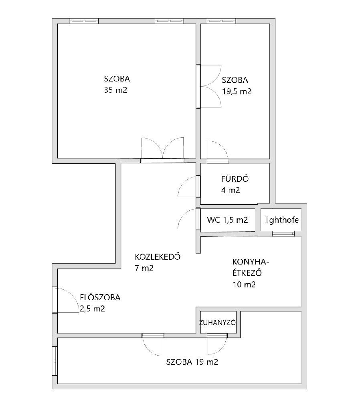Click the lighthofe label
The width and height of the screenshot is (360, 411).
[282, 220]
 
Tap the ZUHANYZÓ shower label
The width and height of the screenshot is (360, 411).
[217, 323]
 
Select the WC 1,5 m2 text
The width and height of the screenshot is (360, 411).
[227, 220]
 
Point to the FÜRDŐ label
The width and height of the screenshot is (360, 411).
[235, 179]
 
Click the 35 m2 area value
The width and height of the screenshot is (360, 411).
[115, 90]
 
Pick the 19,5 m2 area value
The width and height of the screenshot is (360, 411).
[237, 91]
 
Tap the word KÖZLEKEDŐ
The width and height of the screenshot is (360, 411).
[158, 256]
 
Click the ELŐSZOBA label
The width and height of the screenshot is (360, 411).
[100, 297]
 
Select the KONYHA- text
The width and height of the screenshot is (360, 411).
[251, 262]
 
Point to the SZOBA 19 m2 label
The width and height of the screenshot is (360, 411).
[192, 362]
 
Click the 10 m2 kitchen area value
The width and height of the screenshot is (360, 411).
[244, 285]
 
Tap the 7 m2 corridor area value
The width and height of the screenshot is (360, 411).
[144, 268]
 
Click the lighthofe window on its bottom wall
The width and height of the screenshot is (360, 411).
[283, 234]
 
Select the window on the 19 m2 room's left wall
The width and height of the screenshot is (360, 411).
[55, 361]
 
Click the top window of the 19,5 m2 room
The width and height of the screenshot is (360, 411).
[221, 21]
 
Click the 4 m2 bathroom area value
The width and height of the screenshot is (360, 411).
[231, 190]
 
